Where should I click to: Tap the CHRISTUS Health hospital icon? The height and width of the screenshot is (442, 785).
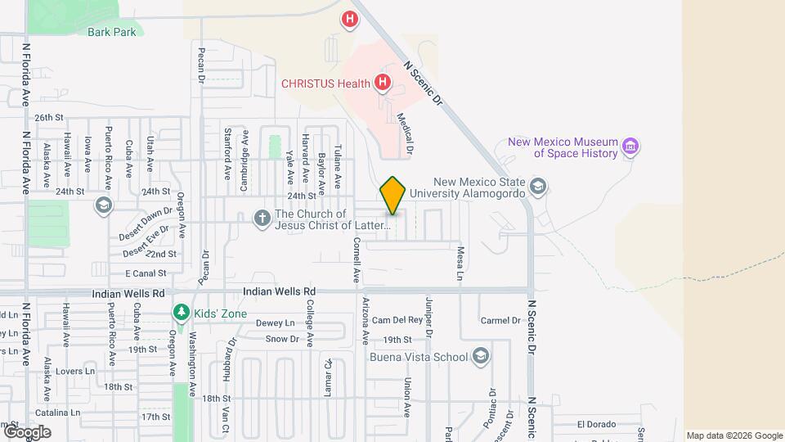382,82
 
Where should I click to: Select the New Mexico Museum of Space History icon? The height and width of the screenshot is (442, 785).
630,147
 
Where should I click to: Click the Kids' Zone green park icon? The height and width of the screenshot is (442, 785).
181,313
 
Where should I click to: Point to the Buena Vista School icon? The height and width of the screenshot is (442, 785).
482,356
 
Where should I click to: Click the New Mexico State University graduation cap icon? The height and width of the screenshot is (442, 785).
537,187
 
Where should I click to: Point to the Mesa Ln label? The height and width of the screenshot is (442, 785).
460,263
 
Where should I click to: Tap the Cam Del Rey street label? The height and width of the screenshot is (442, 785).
397,320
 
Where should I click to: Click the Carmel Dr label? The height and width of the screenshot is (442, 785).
500,320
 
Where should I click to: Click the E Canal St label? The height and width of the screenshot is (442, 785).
146,273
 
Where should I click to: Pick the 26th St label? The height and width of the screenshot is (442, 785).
49,118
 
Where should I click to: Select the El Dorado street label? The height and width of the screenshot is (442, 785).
594,424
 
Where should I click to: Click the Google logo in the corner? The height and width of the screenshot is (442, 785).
27,432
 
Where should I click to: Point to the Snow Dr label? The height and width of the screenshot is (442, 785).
282,339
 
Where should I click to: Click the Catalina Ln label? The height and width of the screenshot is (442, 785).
56,413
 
